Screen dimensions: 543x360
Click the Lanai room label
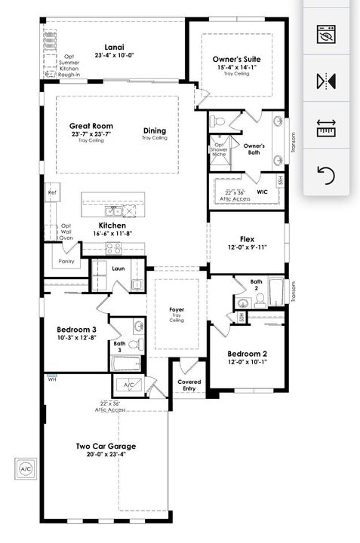tap(114, 46)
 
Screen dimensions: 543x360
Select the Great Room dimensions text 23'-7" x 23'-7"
tap(91, 134)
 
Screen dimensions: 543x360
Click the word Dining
tap(154, 130)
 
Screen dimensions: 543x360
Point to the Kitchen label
tap(112, 225)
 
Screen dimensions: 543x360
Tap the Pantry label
tap(66, 261)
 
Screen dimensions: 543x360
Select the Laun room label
tap(118, 268)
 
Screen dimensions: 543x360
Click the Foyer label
tap(177, 308)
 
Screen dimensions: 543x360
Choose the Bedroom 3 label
tap(77, 330)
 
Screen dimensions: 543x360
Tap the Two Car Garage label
tap(106, 446)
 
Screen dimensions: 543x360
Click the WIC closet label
tap(262, 192)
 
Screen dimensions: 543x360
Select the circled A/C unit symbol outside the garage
tap(26, 468)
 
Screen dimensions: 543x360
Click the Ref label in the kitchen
tap(52, 192)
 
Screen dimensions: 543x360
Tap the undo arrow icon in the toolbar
tap(326, 176)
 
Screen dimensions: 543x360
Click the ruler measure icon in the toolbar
tap(326, 127)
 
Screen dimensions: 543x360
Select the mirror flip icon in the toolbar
tap(326, 81)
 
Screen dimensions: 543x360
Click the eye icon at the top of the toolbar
tap(326, 34)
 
